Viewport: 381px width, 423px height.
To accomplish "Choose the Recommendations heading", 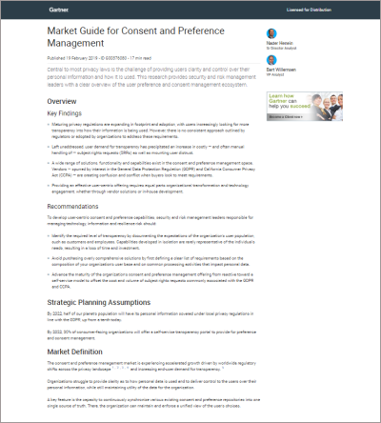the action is pyautogui.click(x=80, y=205).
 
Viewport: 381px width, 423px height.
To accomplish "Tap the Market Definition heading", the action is pyautogui.click(x=84, y=352).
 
